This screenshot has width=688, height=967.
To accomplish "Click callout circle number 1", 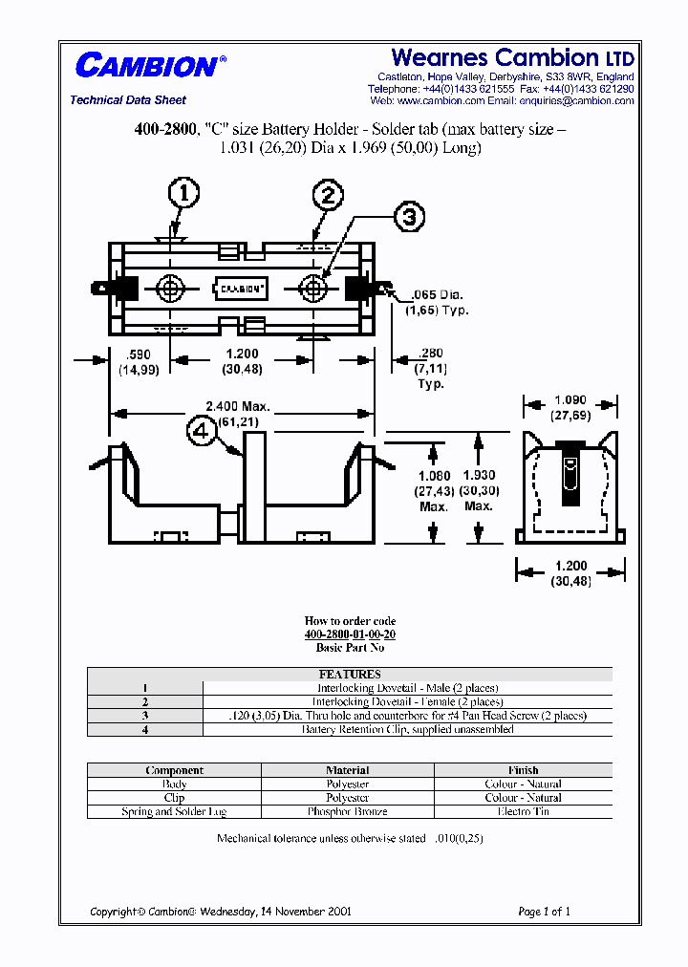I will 183,195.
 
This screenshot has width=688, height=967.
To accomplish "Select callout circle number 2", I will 328,196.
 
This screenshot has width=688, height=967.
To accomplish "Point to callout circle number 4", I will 202,433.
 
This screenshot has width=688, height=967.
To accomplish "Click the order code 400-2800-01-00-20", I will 350,634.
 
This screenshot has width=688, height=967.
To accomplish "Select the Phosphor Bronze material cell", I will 348,811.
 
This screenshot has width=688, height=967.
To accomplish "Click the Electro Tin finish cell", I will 523,811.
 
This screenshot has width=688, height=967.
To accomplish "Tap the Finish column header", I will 523,770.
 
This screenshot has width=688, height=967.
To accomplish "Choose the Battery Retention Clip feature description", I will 407,729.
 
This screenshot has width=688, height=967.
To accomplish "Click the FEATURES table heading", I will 350,674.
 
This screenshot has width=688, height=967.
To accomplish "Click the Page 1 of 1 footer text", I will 544,912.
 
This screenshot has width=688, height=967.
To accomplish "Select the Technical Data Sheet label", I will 128,100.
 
